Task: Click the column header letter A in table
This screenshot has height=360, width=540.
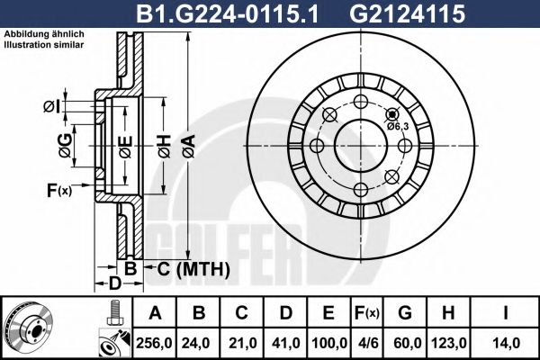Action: click(156, 313)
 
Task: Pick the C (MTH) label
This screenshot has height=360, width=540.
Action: click(188, 269)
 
